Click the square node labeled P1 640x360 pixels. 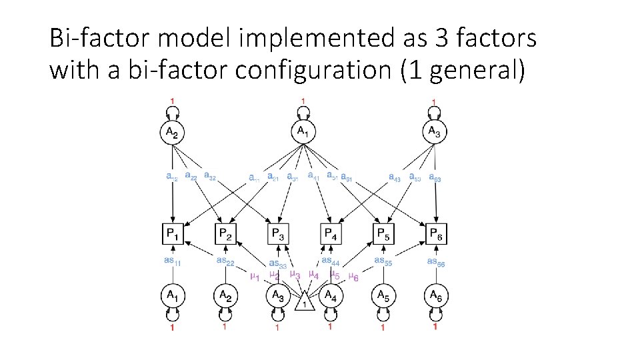[x=173, y=233]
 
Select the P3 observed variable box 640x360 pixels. [x=278, y=233]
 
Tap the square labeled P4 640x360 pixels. [x=330, y=233]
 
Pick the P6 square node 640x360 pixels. [x=436, y=233]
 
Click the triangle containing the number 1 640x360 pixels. [x=305, y=303]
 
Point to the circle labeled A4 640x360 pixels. [x=330, y=295]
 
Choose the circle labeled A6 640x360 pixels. [x=436, y=295]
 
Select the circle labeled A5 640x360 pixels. [x=383, y=295]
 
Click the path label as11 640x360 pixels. [x=173, y=261]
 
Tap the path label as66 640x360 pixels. [x=436, y=262]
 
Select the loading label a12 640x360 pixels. [x=172, y=177]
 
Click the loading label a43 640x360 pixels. [x=396, y=177]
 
